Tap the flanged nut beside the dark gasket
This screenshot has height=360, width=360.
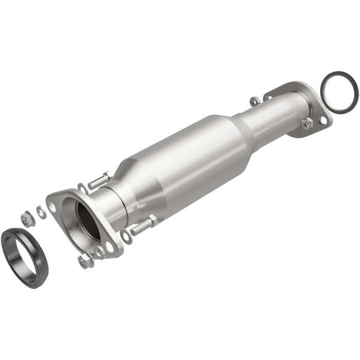click(28, 219)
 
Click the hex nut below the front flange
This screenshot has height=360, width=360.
click(85, 261)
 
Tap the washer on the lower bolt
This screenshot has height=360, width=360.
click(126, 236)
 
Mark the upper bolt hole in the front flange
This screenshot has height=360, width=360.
click(52, 207)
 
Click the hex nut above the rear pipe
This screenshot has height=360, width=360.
click(254, 101)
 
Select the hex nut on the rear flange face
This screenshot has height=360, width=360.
click(307, 123)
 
